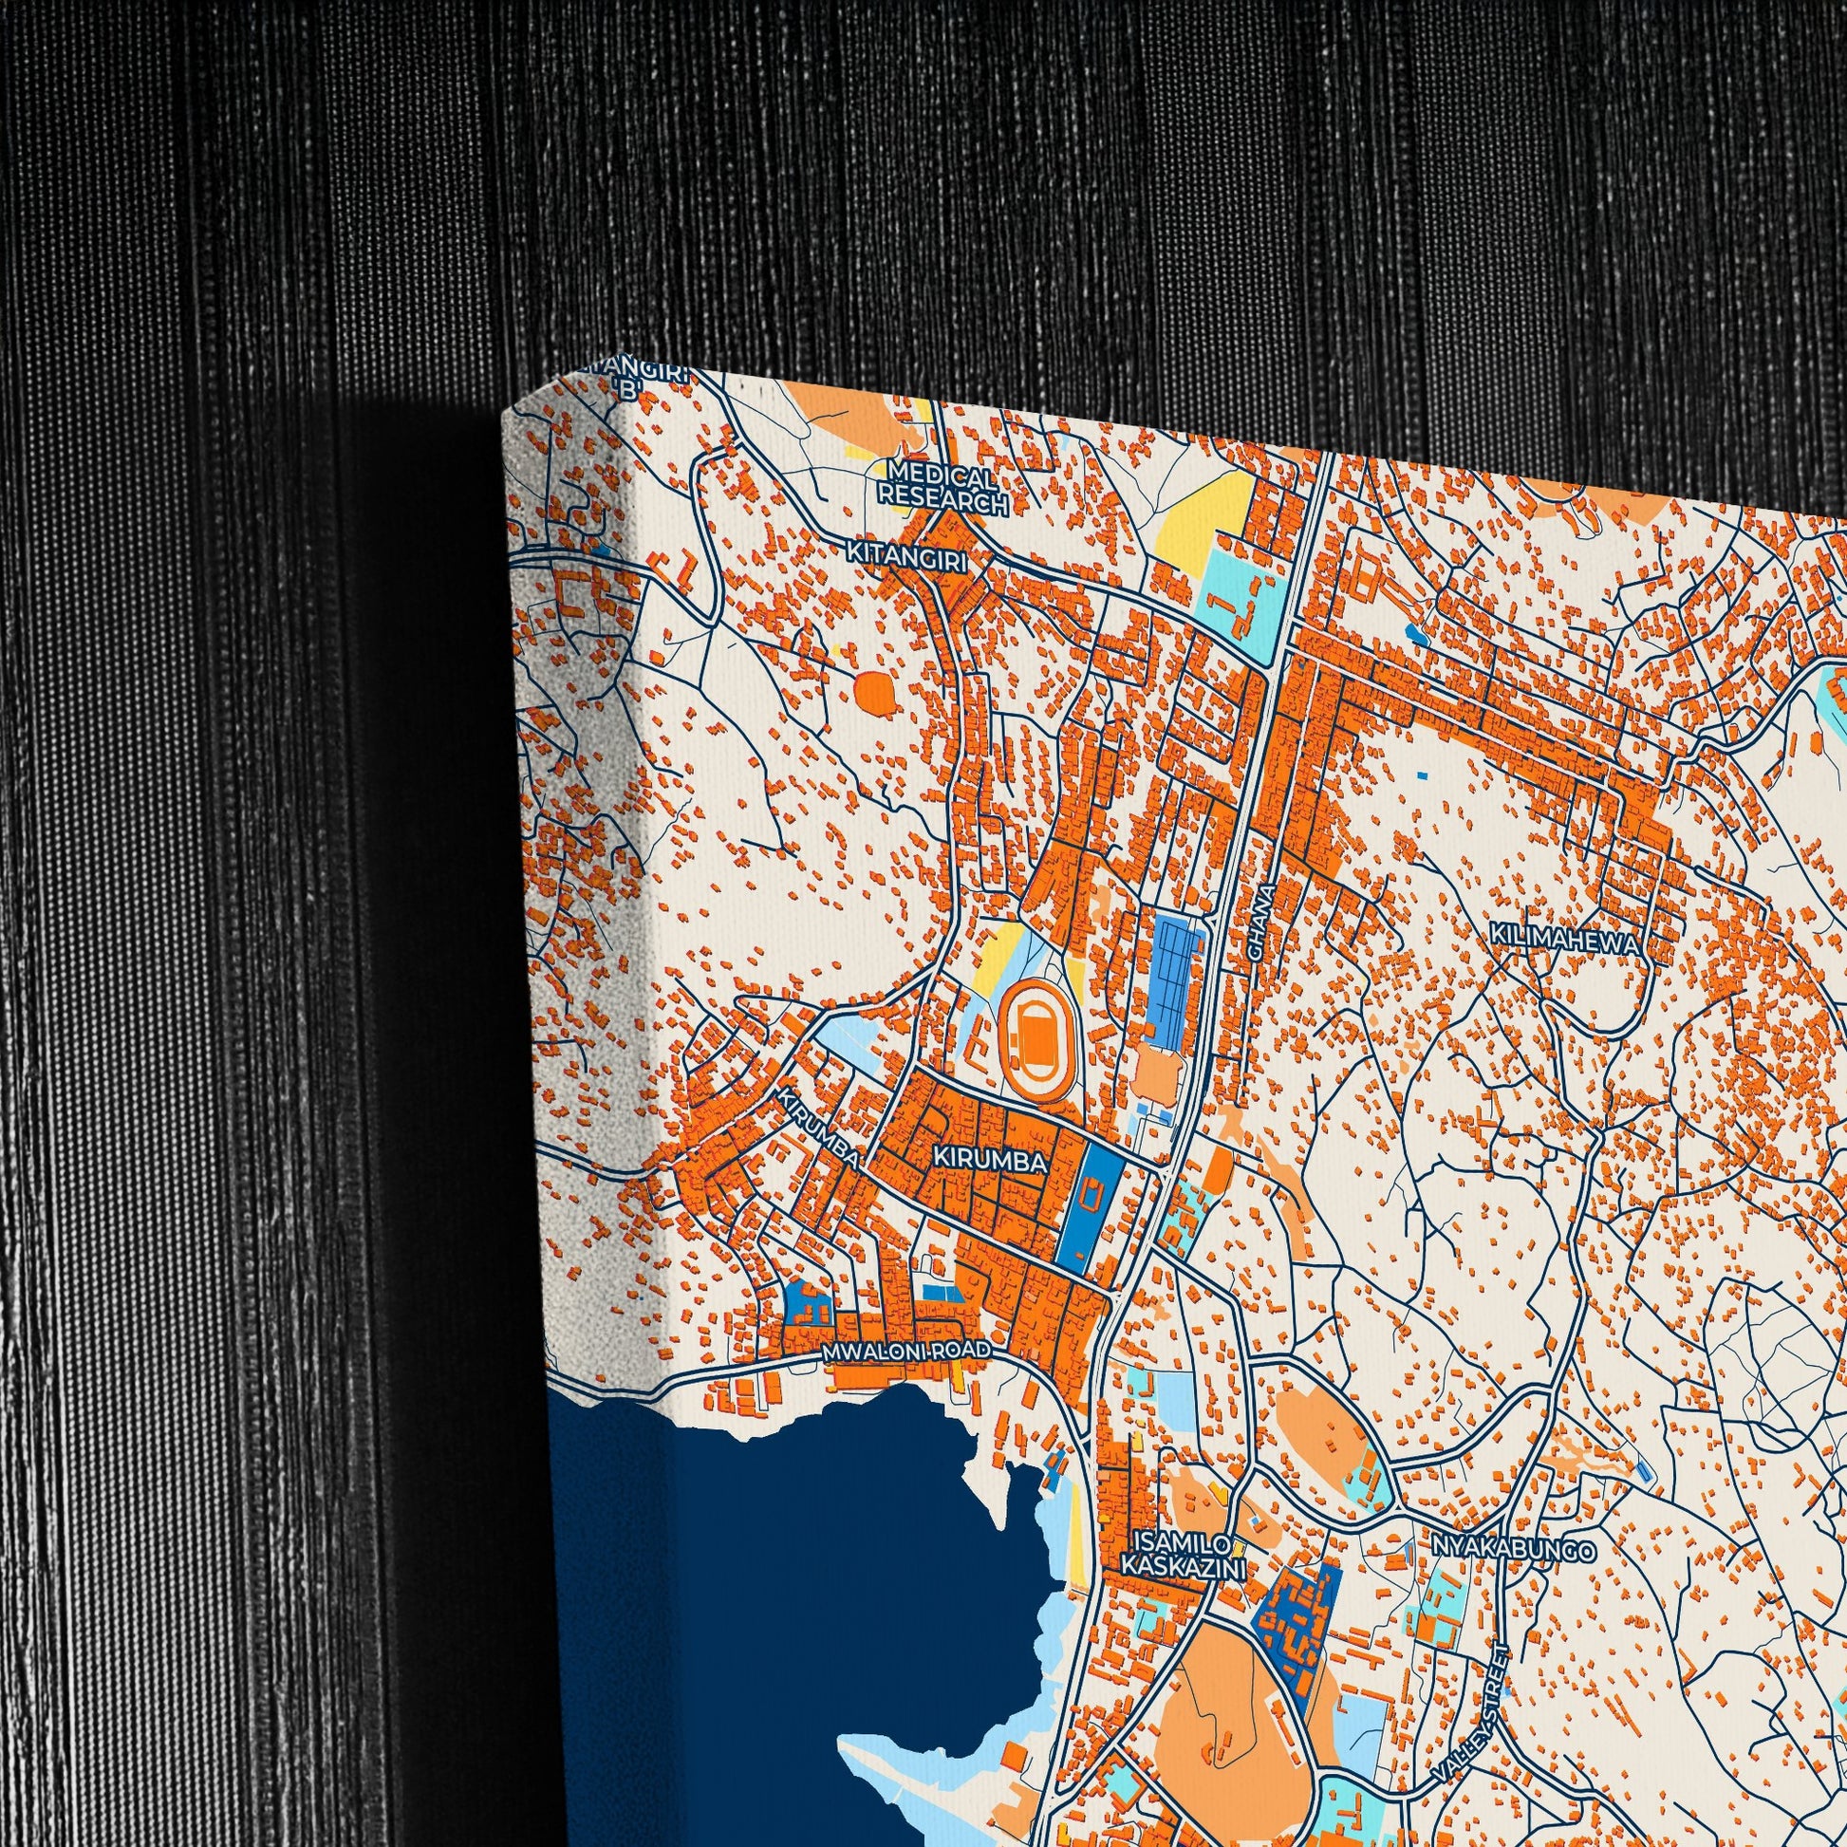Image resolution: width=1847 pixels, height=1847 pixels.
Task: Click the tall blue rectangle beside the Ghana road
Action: point(1174,965)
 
